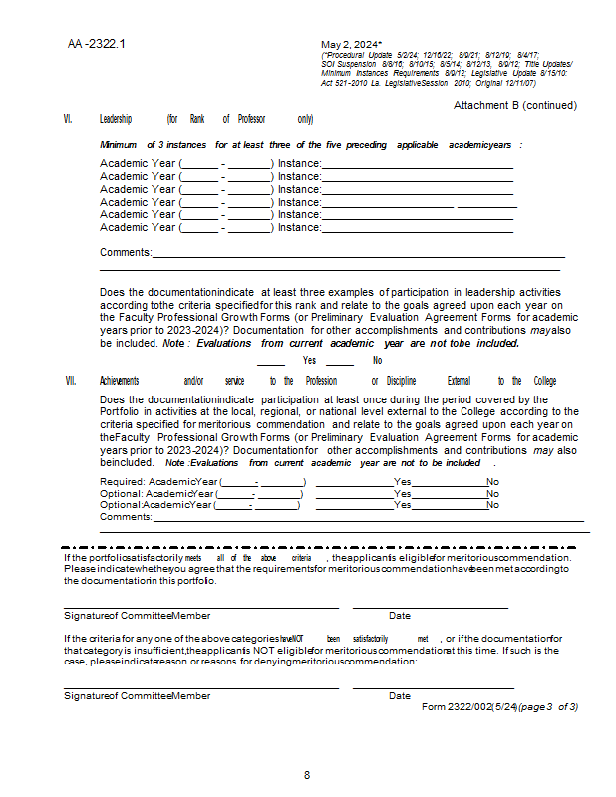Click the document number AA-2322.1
coord(97,45)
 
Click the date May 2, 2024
coord(351,45)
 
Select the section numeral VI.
coord(68,119)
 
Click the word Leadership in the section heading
coord(116,119)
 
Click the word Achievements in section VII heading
coord(119,381)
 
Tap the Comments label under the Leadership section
coord(126,253)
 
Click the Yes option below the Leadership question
coord(310,360)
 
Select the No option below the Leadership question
coord(377,360)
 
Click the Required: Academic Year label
coord(157,481)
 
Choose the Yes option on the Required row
coord(402,481)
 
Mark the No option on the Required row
coord(492,481)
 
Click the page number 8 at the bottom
coord(307,775)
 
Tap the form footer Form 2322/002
coord(468,706)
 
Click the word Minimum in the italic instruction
coord(118,145)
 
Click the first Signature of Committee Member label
coord(137,616)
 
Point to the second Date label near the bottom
coord(399,695)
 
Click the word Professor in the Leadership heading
coord(251,119)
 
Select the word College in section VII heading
coord(545,381)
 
